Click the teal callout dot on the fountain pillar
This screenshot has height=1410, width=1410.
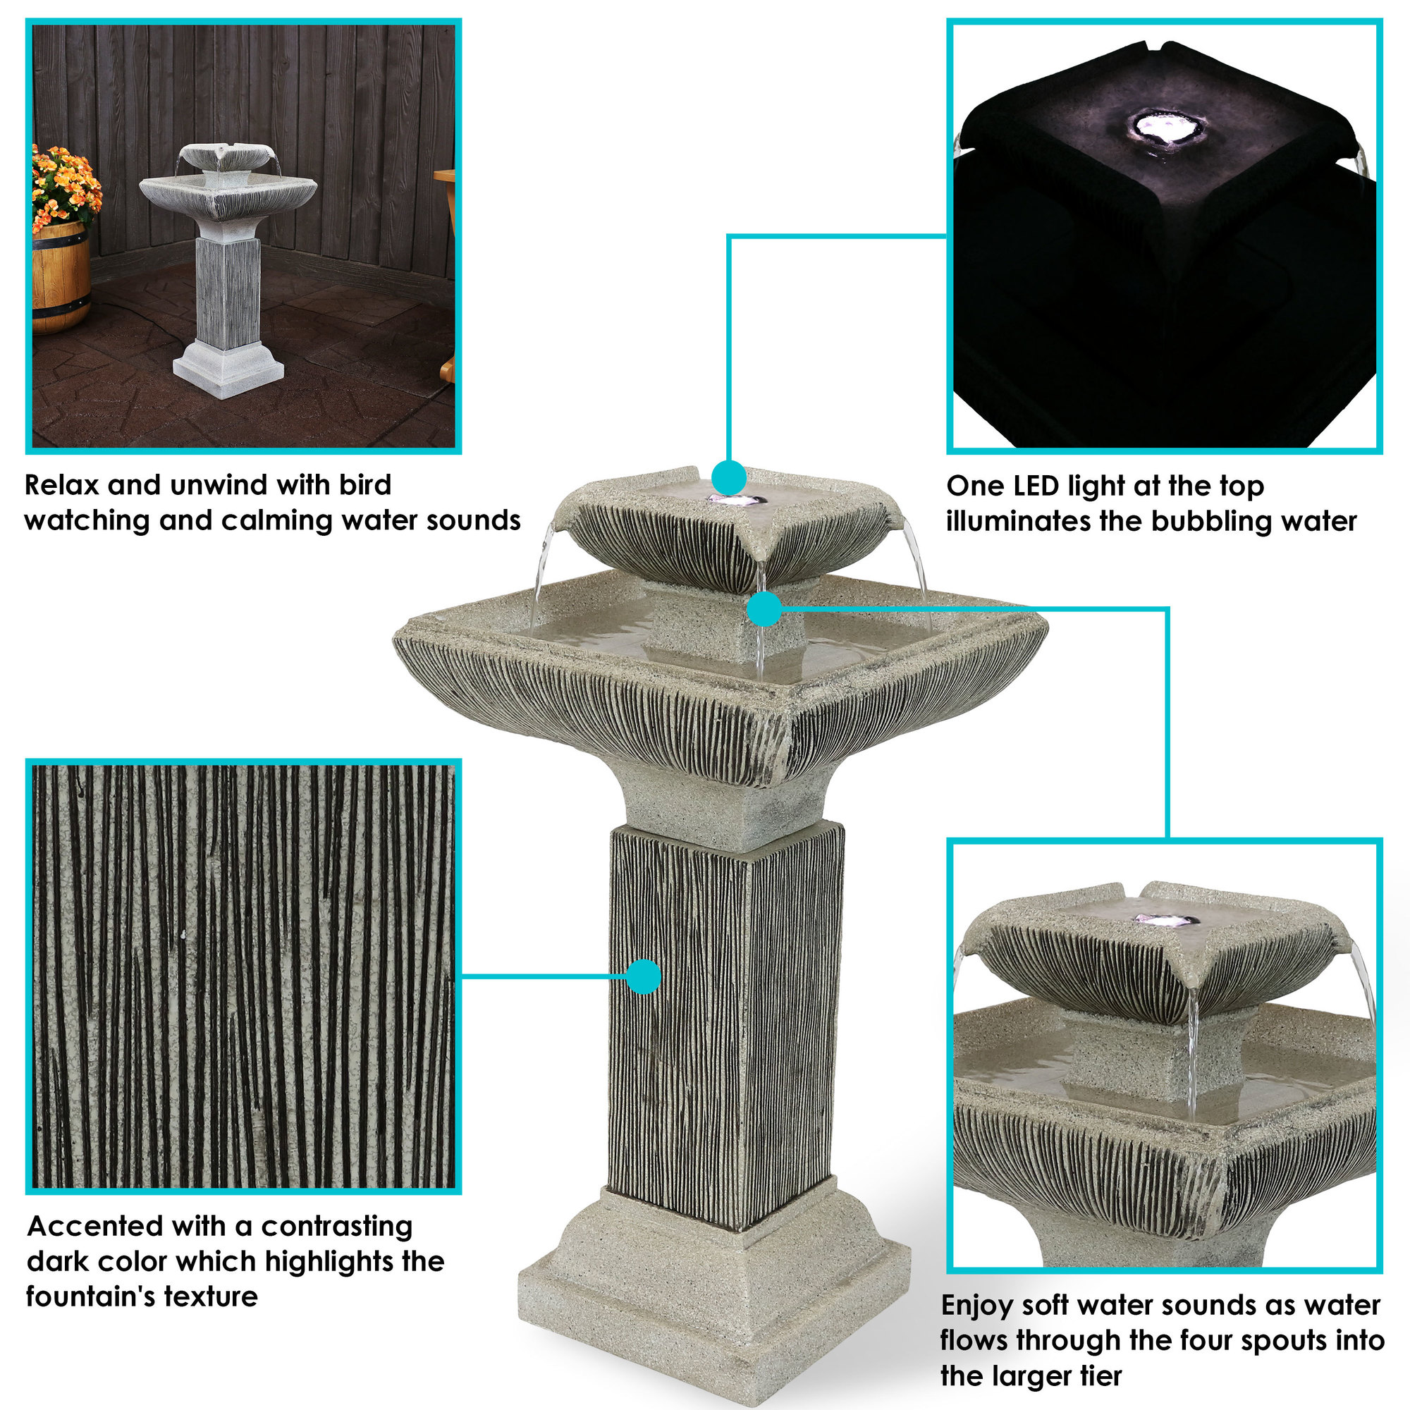(x=643, y=976)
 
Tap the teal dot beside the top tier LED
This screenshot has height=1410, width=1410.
(x=728, y=478)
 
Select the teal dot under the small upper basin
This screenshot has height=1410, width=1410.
(x=764, y=608)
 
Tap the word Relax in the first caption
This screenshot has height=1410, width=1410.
(x=61, y=485)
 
